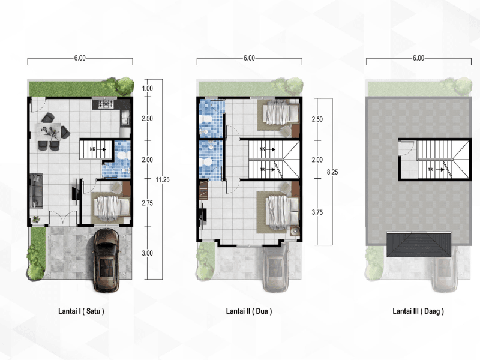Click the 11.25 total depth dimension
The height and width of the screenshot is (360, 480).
(162, 179)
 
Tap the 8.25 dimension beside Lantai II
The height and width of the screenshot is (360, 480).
(332, 172)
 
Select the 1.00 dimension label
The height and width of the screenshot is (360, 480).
(147, 88)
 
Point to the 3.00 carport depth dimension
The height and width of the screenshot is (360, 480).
(147, 253)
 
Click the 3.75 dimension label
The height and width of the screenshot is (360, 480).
(317, 212)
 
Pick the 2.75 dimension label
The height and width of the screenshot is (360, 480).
(147, 203)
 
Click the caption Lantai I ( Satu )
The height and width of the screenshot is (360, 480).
(81, 311)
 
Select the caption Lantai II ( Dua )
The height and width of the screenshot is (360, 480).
(249, 311)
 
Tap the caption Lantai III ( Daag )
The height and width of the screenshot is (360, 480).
(418, 311)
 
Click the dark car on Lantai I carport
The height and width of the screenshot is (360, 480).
(106, 260)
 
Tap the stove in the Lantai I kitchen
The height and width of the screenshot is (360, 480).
(106, 104)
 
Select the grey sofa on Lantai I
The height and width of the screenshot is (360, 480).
(36, 191)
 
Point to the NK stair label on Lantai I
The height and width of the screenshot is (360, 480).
(93, 149)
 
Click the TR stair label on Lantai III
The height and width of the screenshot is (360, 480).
(430, 169)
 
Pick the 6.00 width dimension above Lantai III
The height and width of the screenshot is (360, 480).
(418, 58)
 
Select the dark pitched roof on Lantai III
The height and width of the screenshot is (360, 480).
(419, 244)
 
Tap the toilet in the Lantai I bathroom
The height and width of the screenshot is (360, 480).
(123, 155)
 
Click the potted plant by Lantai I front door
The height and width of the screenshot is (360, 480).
(36, 219)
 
